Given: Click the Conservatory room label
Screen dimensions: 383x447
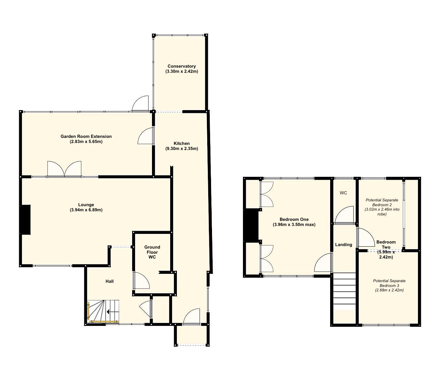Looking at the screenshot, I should click(x=181, y=66).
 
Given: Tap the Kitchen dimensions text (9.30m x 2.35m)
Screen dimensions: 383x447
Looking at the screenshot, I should click(x=181, y=149).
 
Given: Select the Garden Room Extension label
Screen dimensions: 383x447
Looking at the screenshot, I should click(x=86, y=137).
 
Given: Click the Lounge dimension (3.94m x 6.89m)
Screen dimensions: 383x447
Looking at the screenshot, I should click(x=86, y=210).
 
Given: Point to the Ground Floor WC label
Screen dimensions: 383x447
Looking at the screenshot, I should click(x=152, y=252).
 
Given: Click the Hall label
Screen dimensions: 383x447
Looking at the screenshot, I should click(x=110, y=281).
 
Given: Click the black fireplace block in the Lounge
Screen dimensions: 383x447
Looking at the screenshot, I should click(x=25, y=220).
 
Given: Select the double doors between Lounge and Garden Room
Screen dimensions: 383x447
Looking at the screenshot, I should click(x=64, y=169).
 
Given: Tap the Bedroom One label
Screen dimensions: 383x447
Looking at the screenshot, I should click(x=294, y=219).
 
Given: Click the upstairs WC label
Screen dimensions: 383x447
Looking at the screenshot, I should click(x=343, y=193).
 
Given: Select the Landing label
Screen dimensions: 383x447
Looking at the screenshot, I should click(x=344, y=244).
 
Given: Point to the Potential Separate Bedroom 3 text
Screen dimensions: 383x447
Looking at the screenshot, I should click(x=389, y=285).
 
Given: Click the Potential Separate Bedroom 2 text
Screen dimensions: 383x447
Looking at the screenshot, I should click(x=382, y=207).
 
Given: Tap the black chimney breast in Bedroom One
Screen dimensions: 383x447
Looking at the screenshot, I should click(x=251, y=226).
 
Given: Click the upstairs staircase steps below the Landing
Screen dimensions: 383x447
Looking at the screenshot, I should click(x=344, y=291).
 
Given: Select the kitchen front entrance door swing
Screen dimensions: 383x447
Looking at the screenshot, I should click(x=192, y=317).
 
